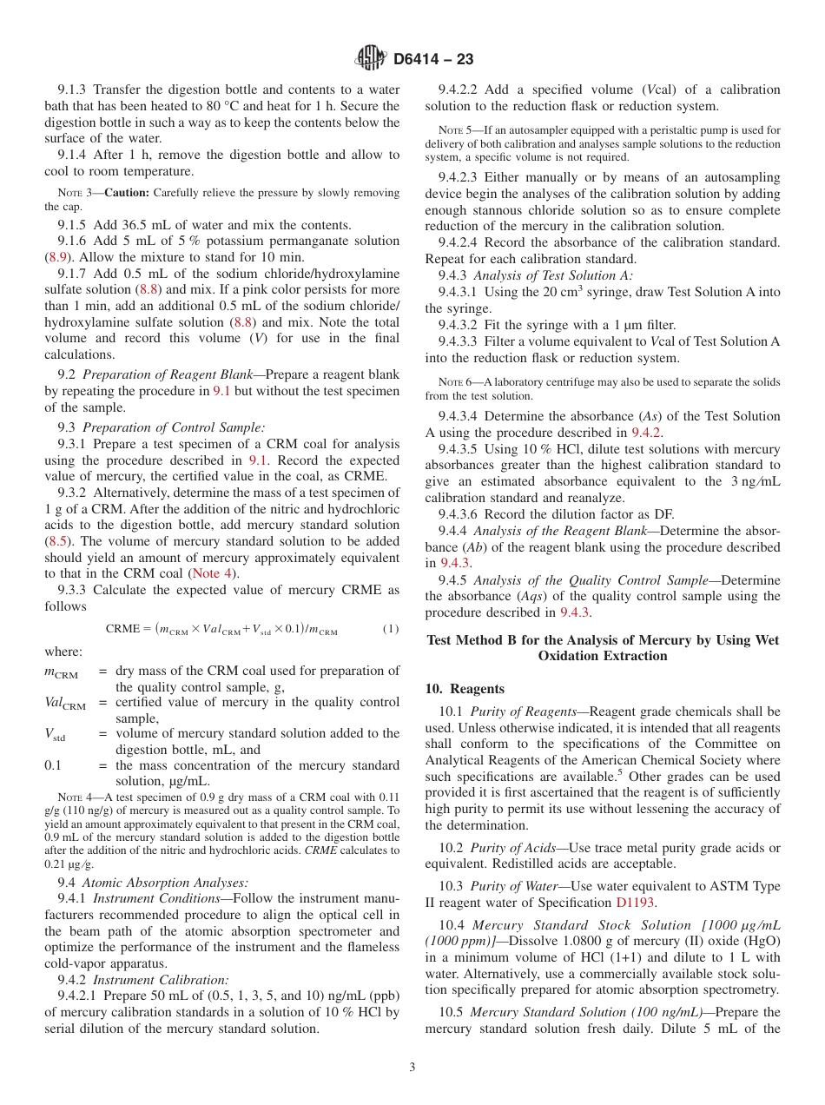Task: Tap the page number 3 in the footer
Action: click(412, 1067)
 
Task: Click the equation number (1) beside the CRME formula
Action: click(390, 629)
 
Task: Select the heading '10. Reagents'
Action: click(465, 689)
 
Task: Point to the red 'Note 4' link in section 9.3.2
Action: click(212, 573)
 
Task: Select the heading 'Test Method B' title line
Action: click(603, 640)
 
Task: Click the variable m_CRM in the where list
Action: click(61, 672)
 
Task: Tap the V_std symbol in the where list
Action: click(55, 735)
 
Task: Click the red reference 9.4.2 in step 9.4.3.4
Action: click(647, 433)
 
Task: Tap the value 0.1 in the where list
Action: click(53, 766)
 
